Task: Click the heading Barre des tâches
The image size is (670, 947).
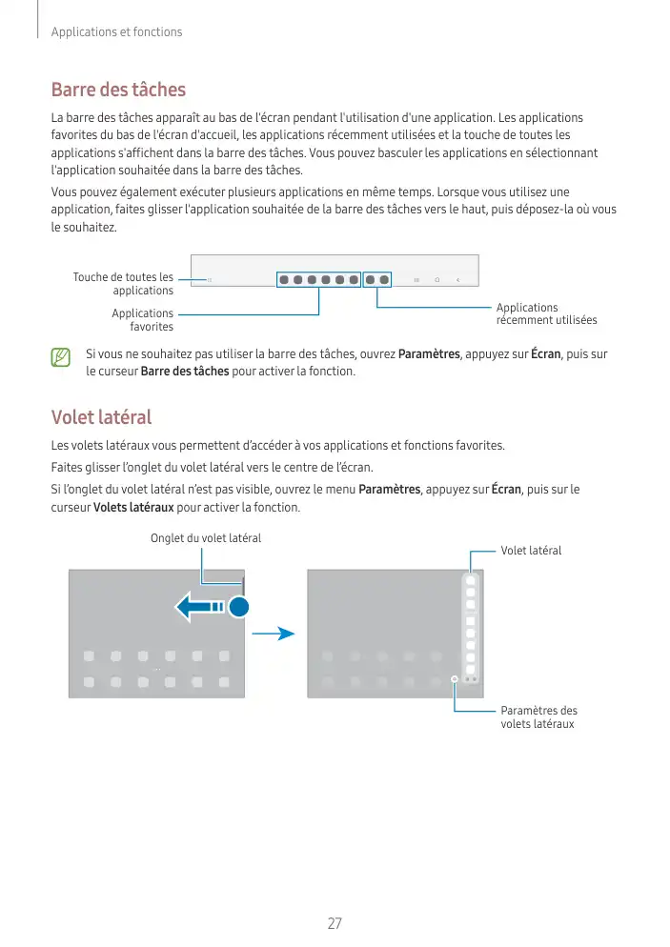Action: click(x=118, y=91)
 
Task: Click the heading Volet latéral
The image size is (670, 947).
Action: click(x=101, y=417)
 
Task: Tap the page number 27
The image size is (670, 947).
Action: click(x=335, y=923)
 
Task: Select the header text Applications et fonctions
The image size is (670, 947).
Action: click(x=116, y=32)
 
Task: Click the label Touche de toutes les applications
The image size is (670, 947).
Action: click(x=123, y=283)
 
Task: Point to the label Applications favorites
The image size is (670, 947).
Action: click(x=142, y=319)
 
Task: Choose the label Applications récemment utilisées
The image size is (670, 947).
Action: click(x=546, y=313)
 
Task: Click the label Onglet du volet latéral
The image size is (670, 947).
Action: click(x=206, y=538)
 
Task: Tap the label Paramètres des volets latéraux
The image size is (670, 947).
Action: click(x=538, y=717)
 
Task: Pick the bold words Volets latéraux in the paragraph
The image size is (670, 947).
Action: click(x=133, y=507)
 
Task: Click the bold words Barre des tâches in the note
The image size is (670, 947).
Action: click(x=185, y=371)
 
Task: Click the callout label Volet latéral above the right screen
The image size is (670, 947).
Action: click(x=531, y=551)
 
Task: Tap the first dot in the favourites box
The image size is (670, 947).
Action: click(x=285, y=280)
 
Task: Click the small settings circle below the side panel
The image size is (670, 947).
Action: click(x=456, y=679)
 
